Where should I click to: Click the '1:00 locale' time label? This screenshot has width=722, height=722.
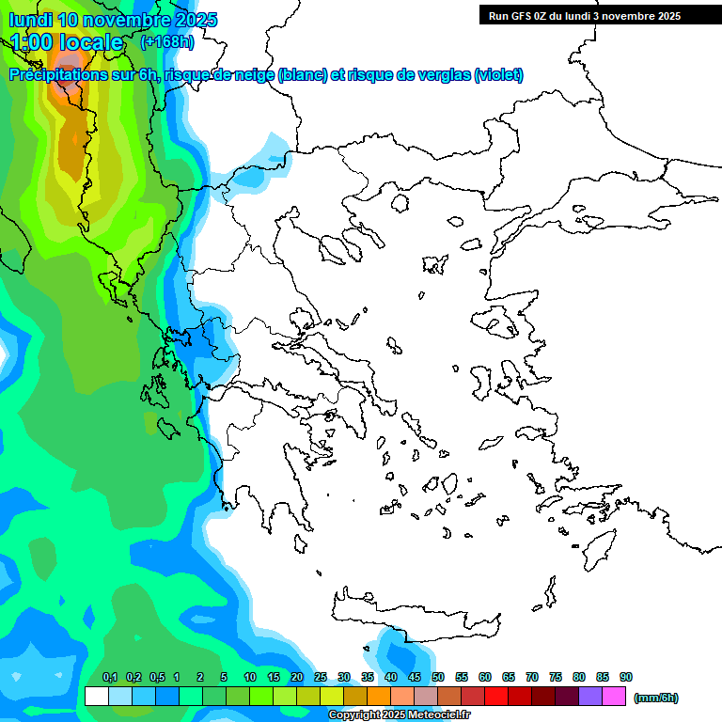click(x=67, y=42)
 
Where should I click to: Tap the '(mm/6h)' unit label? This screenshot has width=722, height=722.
click(x=655, y=697)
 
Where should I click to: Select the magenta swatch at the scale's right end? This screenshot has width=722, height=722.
click(x=615, y=696)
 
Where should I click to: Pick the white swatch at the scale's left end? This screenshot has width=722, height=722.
click(x=96, y=696)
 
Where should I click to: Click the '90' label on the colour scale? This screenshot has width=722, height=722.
click(x=626, y=677)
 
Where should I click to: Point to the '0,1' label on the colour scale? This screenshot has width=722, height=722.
click(x=110, y=677)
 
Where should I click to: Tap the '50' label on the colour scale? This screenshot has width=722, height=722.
click(x=438, y=677)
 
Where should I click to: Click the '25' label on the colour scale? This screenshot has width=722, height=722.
click(x=321, y=677)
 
